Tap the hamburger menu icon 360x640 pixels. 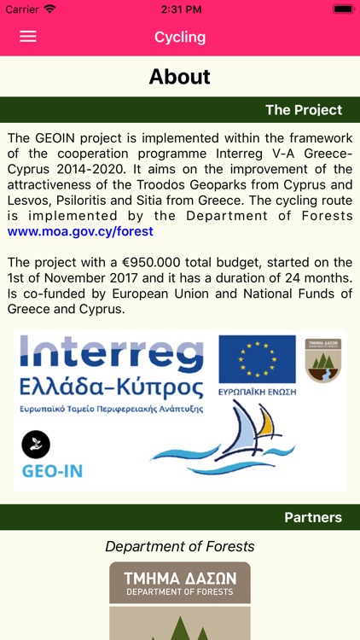coord(28,37)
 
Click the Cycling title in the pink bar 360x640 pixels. coord(180,37)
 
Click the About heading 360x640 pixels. coord(180,77)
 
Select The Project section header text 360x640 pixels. coord(303,110)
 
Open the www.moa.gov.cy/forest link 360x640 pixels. coord(80,231)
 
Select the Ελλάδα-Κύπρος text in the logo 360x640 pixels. coord(111,388)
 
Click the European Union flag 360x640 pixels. coord(256,358)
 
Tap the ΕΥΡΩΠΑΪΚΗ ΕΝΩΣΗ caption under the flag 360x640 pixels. coord(257,393)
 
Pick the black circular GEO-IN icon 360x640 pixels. coord(36,444)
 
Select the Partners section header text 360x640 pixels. coord(312,517)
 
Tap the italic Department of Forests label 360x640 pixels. coord(180,546)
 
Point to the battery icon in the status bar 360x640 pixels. coord(343,9)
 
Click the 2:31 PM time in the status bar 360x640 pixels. coord(180,9)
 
